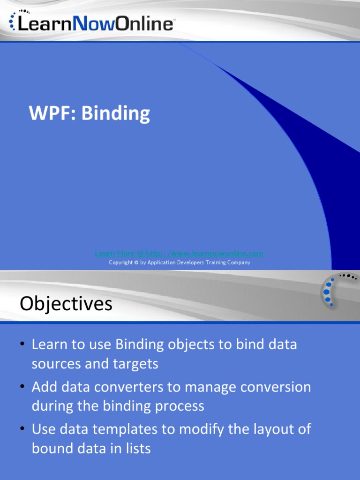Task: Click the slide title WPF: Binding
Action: (x=89, y=114)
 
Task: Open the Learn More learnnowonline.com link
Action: (x=179, y=254)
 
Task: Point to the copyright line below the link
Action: (x=180, y=262)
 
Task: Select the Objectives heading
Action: (x=66, y=304)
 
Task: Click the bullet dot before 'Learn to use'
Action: (x=22, y=345)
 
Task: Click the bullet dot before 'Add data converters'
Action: (x=22, y=387)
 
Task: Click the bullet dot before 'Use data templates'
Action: (x=22, y=429)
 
